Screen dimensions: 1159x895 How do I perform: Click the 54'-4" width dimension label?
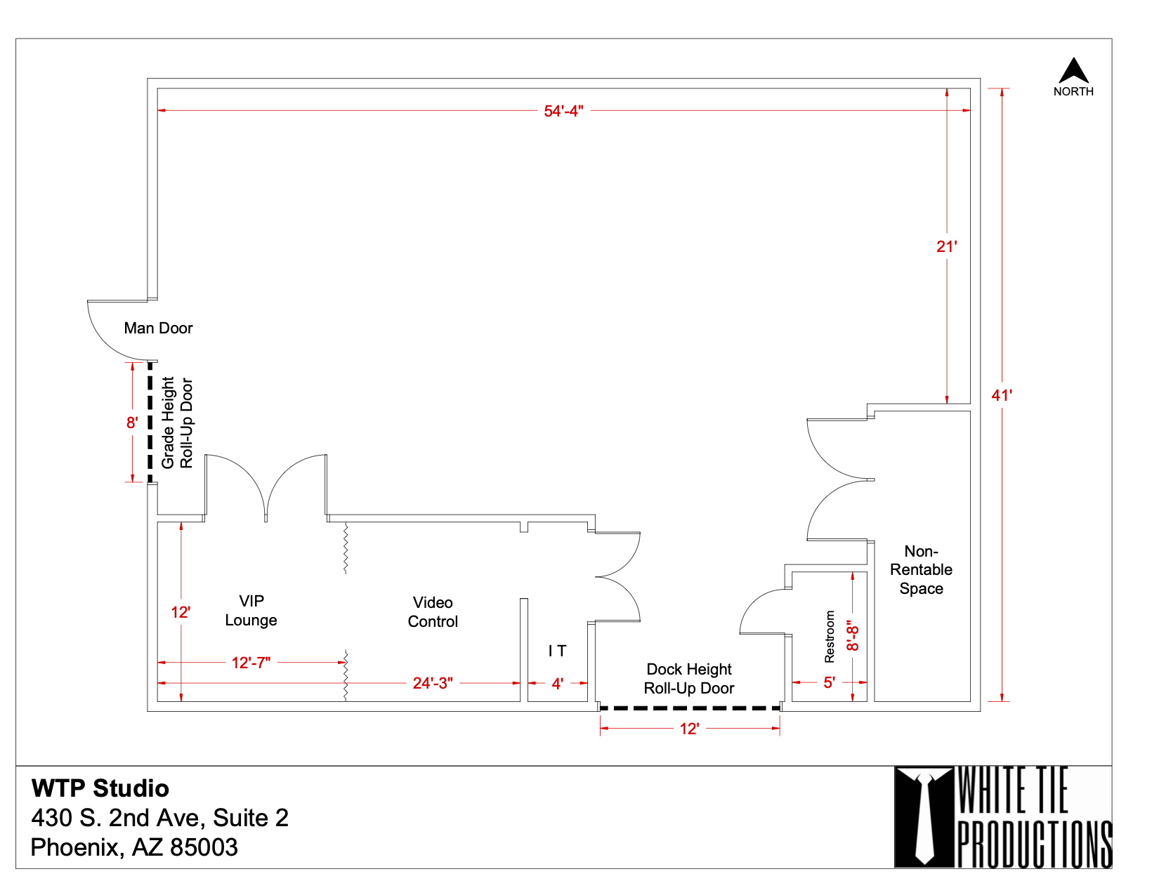point(563,111)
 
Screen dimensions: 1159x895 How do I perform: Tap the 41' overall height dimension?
point(1001,395)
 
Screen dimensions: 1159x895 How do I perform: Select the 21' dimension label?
point(946,247)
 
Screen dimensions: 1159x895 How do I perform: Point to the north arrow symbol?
point(1073,70)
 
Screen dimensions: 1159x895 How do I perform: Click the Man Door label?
point(158,328)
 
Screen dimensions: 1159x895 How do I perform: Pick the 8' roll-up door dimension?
point(132,423)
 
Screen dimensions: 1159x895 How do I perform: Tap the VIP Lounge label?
point(251,610)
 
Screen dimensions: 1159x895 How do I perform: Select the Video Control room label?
point(433,612)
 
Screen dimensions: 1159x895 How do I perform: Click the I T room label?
point(557,651)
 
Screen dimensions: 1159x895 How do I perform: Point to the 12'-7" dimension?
point(251,663)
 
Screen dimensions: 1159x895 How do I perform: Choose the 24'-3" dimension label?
point(433,683)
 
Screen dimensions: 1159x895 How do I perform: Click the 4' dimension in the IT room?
point(557,684)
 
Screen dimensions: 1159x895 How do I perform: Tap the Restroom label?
point(829,637)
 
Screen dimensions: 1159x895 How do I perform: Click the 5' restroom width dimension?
point(829,682)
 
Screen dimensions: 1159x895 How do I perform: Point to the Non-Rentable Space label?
point(921,570)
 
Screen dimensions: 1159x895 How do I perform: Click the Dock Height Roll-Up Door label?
point(688,679)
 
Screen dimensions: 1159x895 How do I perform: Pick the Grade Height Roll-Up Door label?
point(177,423)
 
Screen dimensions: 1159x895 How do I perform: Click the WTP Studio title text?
point(100,788)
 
